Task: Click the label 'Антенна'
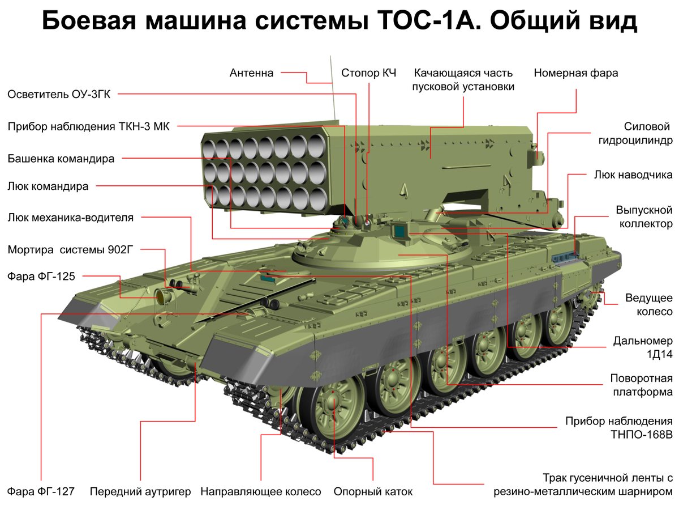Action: pyautogui.click(x=251, y=73)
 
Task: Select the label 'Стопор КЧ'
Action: pyautogui.click(x=368, y=73)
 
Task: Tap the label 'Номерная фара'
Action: pyautogui.click(x=575, y=73)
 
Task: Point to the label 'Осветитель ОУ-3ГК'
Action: pyautogui.click(x=59, y=94)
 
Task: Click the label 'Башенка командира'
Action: pyautogui.click(x=61, y=159)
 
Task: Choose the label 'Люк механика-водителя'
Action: pyautogui.click(x=71, y=218)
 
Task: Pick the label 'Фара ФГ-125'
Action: pyautogui.click(x=41, y=276)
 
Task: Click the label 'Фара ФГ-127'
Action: pyautogui.click(x=41, y=491)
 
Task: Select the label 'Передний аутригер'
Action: pyautogui.click(x=140, y=491)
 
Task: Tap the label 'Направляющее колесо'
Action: pyautogui.click(x=261, y=491)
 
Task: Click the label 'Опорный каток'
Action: pyautogui.click(x=373, y=491)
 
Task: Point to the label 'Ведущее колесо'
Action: pyautogui.click(x=648, y=305)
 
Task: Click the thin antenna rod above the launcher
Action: pyautogui.click(x=333, y=91)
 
